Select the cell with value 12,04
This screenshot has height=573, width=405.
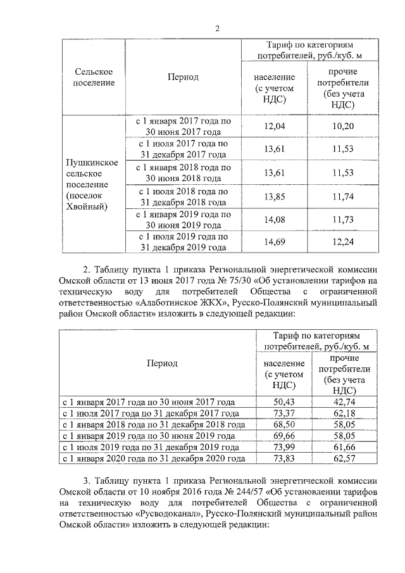275,127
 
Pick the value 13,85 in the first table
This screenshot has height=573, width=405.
275,196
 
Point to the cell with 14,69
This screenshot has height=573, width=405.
275,242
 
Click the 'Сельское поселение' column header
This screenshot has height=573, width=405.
94,77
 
